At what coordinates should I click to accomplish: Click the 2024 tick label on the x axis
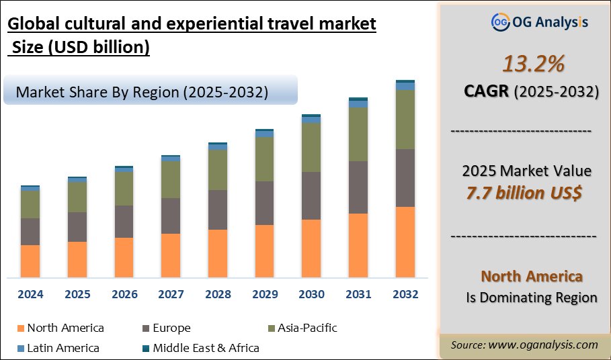pyautogui.click(x=30, y=294)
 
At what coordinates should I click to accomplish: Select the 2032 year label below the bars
pyautogui.click(x=405, y=294)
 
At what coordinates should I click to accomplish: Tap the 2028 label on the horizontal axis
pyautogui.click(x=218, y=294)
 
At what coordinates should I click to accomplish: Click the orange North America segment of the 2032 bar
pyautogui.click(x=405, y=242)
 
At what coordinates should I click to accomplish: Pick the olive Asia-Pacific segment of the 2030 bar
pyautogui.click(x=311, y=148)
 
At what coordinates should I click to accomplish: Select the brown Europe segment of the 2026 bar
pyautogui.click(x=124, y=222)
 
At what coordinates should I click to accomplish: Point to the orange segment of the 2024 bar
pyautogui.click(x=30, y=261)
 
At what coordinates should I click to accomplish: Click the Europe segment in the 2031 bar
pyautogui.click(x=358, y=187)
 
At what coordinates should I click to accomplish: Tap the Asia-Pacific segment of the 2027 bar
pyautogui.click(x=171, y=179)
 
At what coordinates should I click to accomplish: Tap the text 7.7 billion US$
pyautogui.click(x=524, y=193)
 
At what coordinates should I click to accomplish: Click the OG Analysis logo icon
pyautogui.click(x=501, y=21)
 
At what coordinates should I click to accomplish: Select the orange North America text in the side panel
pyautogui.click(x=532, y=276)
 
